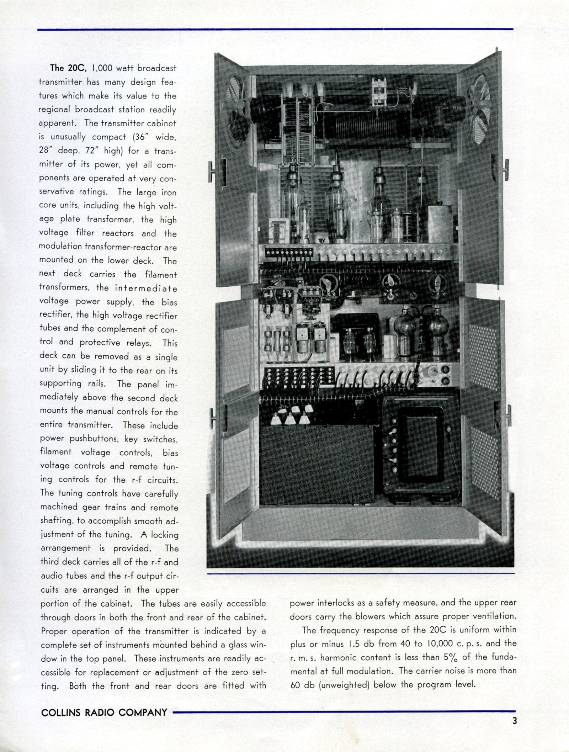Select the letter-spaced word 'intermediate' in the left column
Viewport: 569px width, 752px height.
point(146,288)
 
